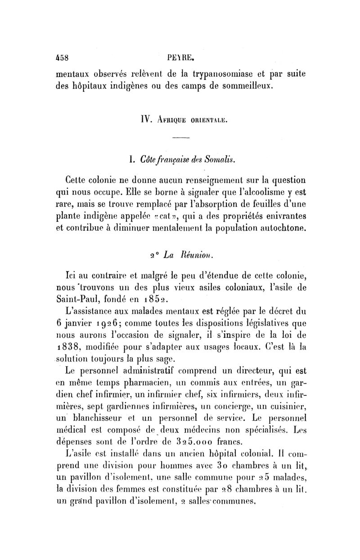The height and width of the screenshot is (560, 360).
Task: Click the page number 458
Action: point(61,58)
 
